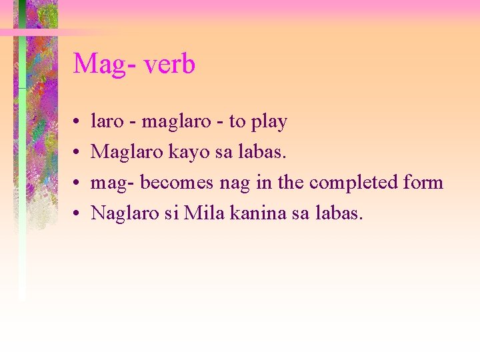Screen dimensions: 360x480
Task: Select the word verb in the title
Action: point(169,64)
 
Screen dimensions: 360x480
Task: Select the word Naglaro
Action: point(123,214)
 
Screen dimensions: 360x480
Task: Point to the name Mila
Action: point(201,213)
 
